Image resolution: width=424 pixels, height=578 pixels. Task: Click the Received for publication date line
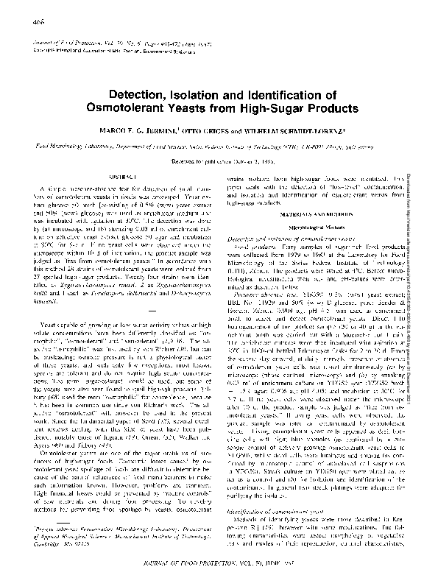tap(212, 158)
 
